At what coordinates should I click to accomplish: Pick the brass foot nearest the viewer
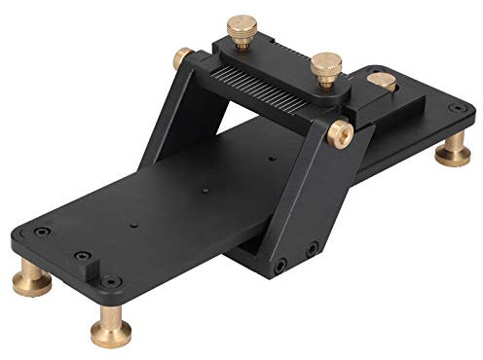[x=109, y=330]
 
